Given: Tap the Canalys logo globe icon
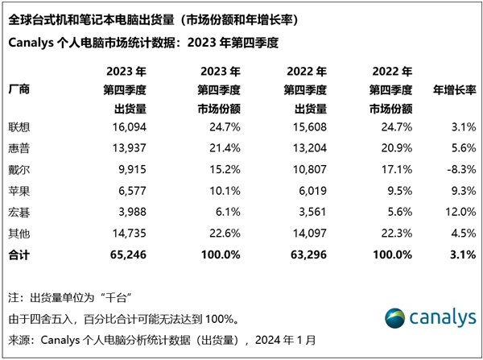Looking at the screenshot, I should click(394, 317).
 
